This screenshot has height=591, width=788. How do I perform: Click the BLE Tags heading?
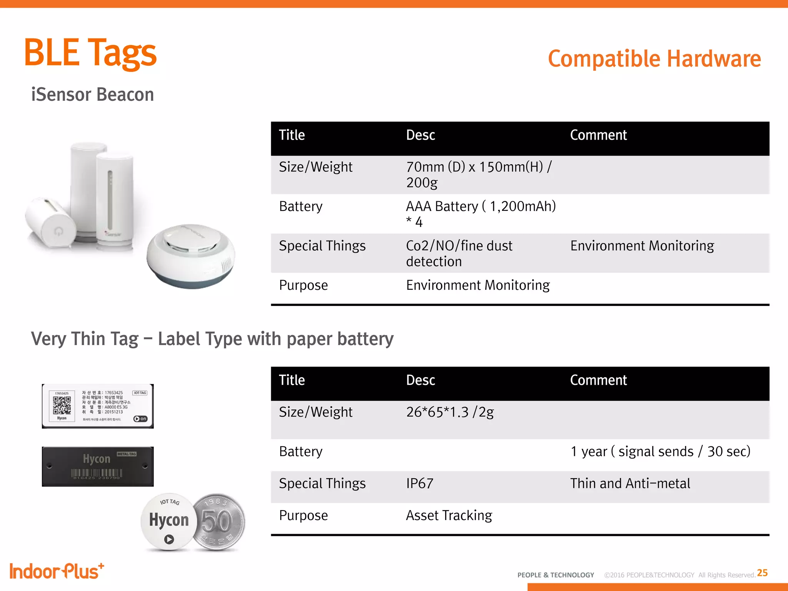click(90, 53)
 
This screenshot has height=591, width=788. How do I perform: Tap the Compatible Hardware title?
click(654, 59)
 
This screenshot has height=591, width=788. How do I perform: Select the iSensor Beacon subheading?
click(92, 95)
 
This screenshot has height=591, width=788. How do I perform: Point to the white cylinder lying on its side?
click(50, 223)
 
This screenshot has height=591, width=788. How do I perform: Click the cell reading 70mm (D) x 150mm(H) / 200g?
click(479, 175)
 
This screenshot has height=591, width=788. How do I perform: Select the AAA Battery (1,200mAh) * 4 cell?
click(481, 214)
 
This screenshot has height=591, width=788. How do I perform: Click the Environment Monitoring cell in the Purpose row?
click(477, 285)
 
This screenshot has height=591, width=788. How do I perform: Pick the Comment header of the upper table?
click(598, 135)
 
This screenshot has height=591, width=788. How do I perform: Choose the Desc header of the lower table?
click(421, 381)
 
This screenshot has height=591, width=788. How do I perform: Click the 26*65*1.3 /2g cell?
click(450, 412)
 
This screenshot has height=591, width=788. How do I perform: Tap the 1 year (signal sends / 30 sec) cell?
click(660, 452)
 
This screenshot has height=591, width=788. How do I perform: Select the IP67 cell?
click(420, 484)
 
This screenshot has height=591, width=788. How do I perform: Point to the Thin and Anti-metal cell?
click(630, 484)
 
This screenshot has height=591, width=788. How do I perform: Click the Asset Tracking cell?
click(449, 516)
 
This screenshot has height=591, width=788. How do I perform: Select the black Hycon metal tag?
click(98, 466)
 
